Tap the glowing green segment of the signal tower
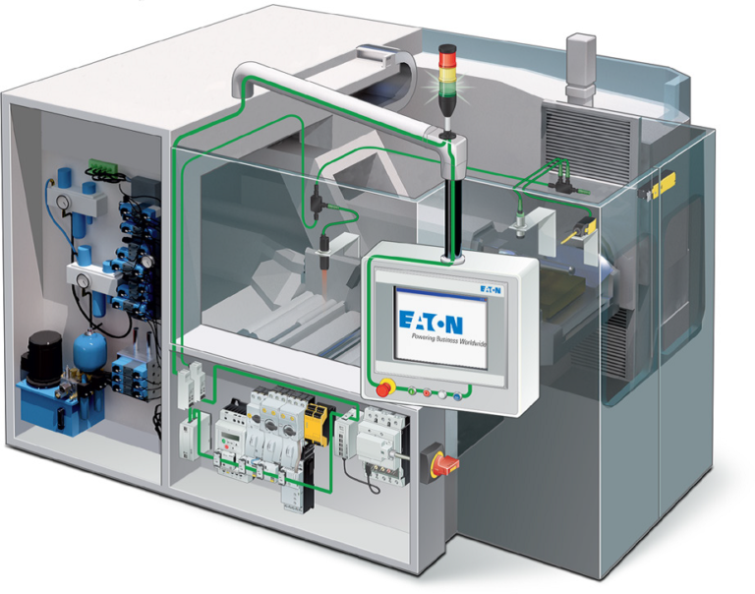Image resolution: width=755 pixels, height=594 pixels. point(447,88)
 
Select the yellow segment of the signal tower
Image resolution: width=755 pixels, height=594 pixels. point(447,74)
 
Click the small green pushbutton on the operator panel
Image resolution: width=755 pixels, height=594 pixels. point(412,390)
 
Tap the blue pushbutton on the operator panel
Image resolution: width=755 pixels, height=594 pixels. point(457,396)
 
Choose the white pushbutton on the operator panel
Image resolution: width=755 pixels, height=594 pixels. point(442,395)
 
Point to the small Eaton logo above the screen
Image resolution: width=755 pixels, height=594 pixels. point(491,289)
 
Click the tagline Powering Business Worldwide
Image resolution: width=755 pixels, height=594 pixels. point(448,339)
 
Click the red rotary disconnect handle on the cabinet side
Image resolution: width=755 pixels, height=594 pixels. point(445,463)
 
